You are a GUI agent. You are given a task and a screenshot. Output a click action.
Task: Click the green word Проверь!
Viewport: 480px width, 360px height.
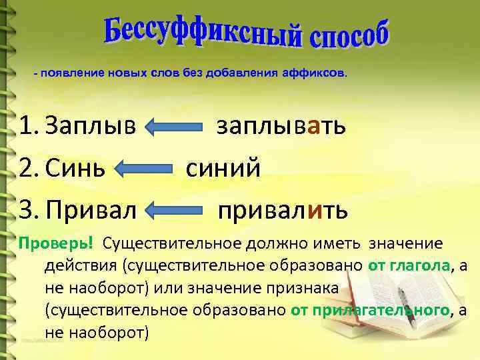pos(55,241)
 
